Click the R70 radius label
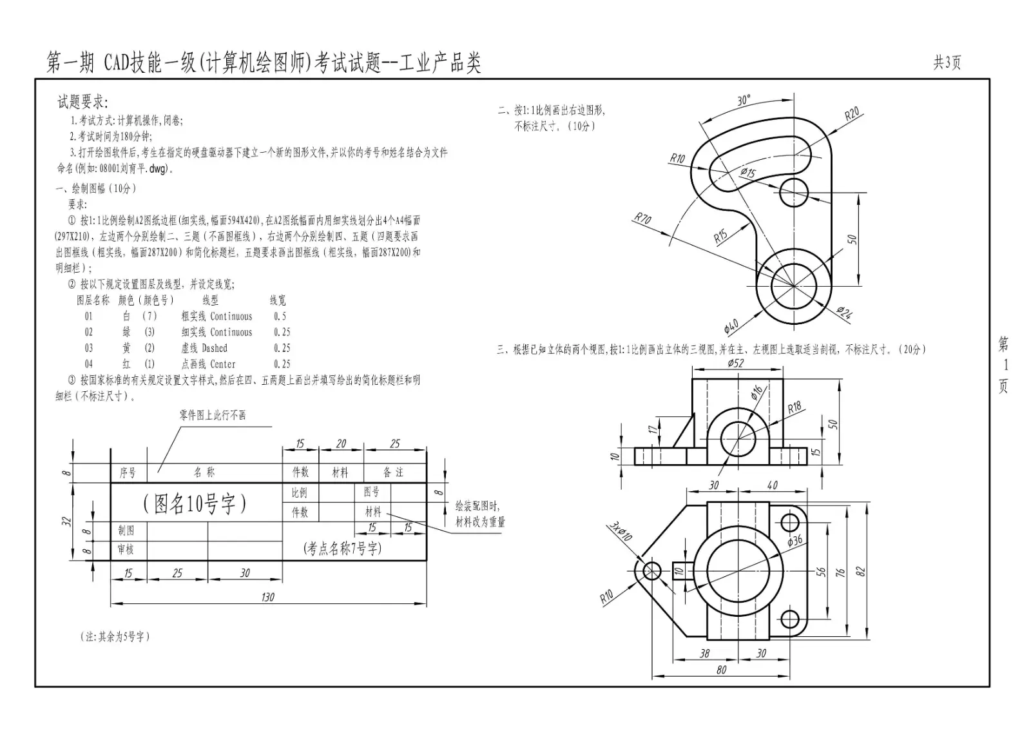pos(642,219)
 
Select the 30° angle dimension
pos(744,101)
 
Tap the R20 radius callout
pos(852,113)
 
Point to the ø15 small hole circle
pos(794,193)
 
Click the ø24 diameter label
pos(845,313)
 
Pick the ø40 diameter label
pos(731,326)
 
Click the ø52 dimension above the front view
pos(735,363)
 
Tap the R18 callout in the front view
pos(795,407)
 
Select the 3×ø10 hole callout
pos(621,531)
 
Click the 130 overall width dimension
pos(267,598)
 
